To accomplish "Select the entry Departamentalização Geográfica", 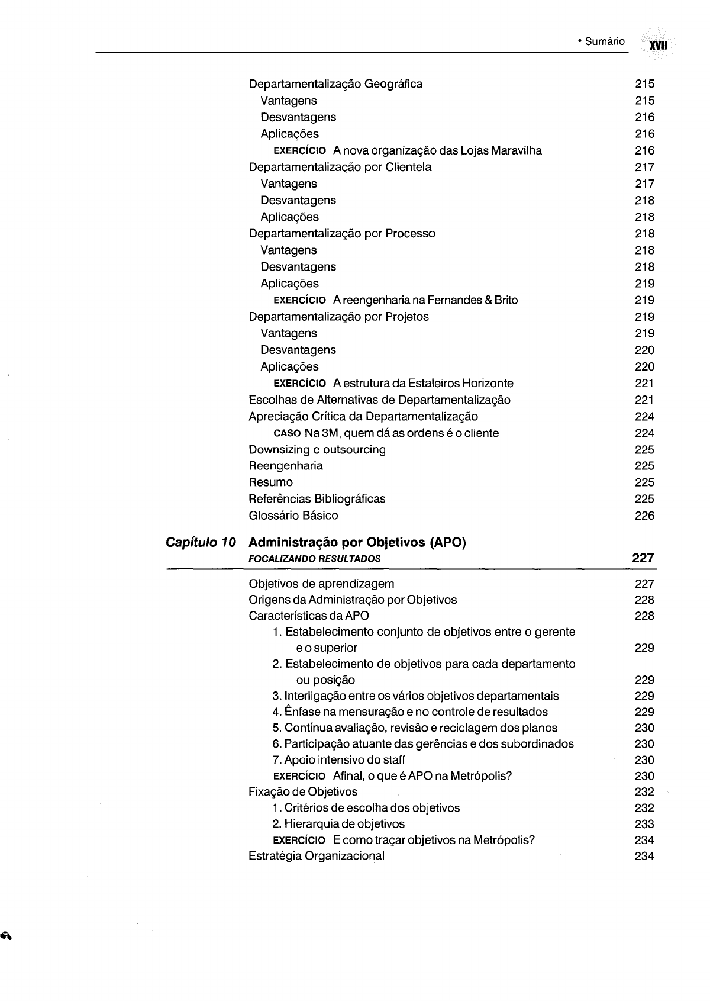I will point(335,84).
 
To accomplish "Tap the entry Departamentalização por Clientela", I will point(340,167).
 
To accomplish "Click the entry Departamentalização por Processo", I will point(342,233).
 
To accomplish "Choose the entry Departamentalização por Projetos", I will point(338,317).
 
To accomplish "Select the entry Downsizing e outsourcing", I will point(317,449).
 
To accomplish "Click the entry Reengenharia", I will point(286,466).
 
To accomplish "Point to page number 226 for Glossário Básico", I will point(644,516).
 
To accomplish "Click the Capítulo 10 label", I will point(201,542).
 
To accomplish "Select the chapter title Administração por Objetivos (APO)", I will point(358,542).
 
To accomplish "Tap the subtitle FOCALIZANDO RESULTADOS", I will point(315,558).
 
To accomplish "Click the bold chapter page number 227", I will point(643,558).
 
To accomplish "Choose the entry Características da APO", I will point(309,616).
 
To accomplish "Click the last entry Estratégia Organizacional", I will point(317,856).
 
